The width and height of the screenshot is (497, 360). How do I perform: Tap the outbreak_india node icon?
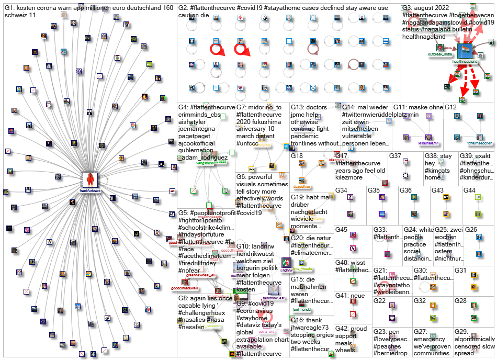439,48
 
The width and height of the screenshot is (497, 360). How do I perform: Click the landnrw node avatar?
286,263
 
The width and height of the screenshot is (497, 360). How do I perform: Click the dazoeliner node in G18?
301,164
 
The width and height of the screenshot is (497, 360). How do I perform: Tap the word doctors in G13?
317,107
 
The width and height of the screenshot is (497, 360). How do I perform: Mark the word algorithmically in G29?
475,339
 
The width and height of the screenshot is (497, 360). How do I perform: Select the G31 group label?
460,270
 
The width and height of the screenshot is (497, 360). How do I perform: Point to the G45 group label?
342,230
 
